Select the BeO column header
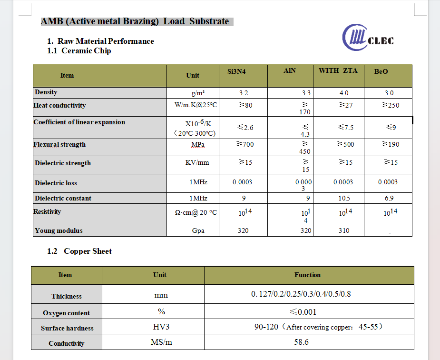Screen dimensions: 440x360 381,72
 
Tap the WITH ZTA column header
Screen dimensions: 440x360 338,71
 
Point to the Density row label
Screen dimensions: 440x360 46,92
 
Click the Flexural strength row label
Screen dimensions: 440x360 59,145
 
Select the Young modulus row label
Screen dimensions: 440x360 59,231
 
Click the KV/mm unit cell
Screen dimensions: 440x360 197,163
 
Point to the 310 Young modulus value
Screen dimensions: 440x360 343,231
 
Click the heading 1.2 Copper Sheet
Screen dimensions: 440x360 79,251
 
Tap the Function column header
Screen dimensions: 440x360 307,275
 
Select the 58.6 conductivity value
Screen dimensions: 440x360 301,342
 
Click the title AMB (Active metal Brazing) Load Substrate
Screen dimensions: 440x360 135,21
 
